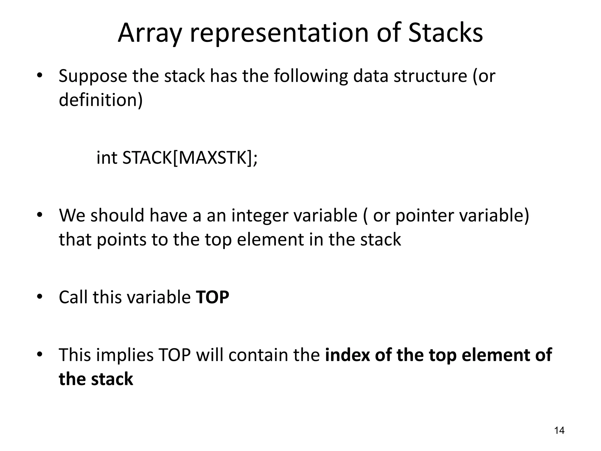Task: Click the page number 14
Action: pos(559,430)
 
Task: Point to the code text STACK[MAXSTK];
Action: pos(190,158)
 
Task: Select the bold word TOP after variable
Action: pos(212,297)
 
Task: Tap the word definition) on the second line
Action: pos(101,100)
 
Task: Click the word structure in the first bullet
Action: pos(430,76)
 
